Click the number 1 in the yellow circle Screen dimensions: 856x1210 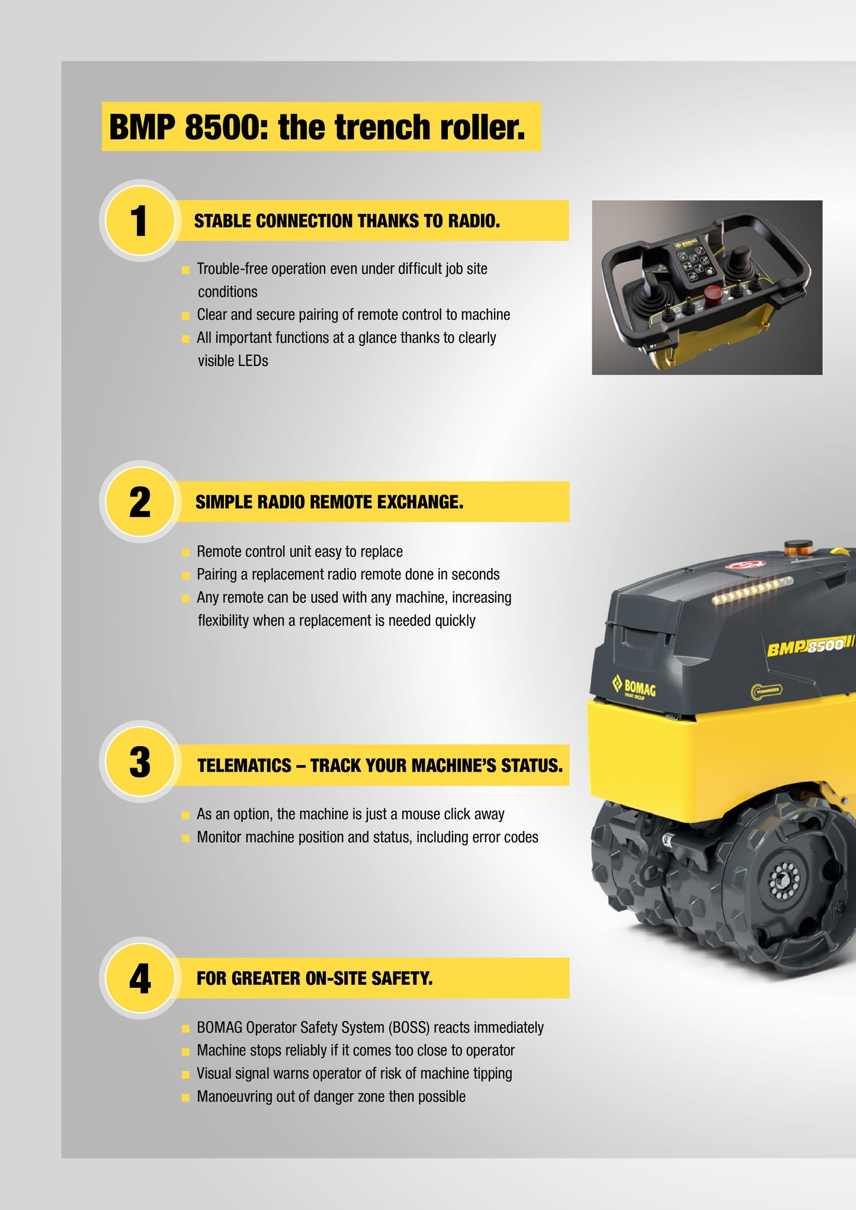coord(139,221)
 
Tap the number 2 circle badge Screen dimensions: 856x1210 coord(140,502)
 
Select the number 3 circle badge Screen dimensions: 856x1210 coord(140,762)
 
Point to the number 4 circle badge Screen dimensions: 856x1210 coord(140,978)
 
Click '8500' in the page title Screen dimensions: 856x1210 coord(223,127)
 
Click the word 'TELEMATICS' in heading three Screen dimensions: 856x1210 coord(245,766)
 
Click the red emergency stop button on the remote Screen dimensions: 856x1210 coord(713,292)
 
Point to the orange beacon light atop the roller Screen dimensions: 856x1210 coord(798,548)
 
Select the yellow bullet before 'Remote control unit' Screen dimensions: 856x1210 coord(185,553)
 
